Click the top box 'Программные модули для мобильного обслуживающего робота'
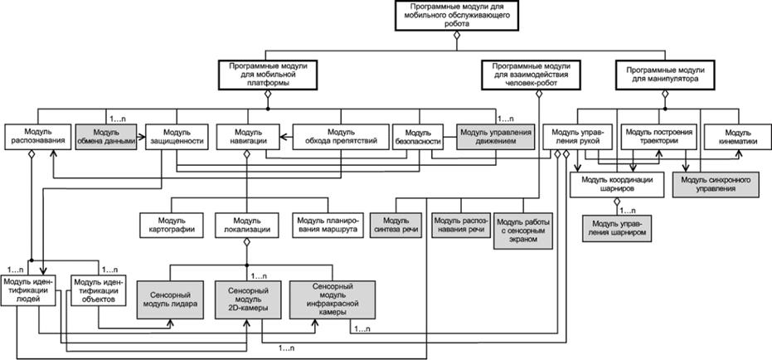(x=455, y=15)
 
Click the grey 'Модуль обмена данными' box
(x=106, y=136)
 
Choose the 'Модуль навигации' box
(x=247, y=136)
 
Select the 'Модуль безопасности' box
(x=420, y=136)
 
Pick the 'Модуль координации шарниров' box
(x=618, y=183)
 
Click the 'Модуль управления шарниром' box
(x=618, y=228)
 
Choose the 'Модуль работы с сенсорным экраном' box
(x=523, y=228)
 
